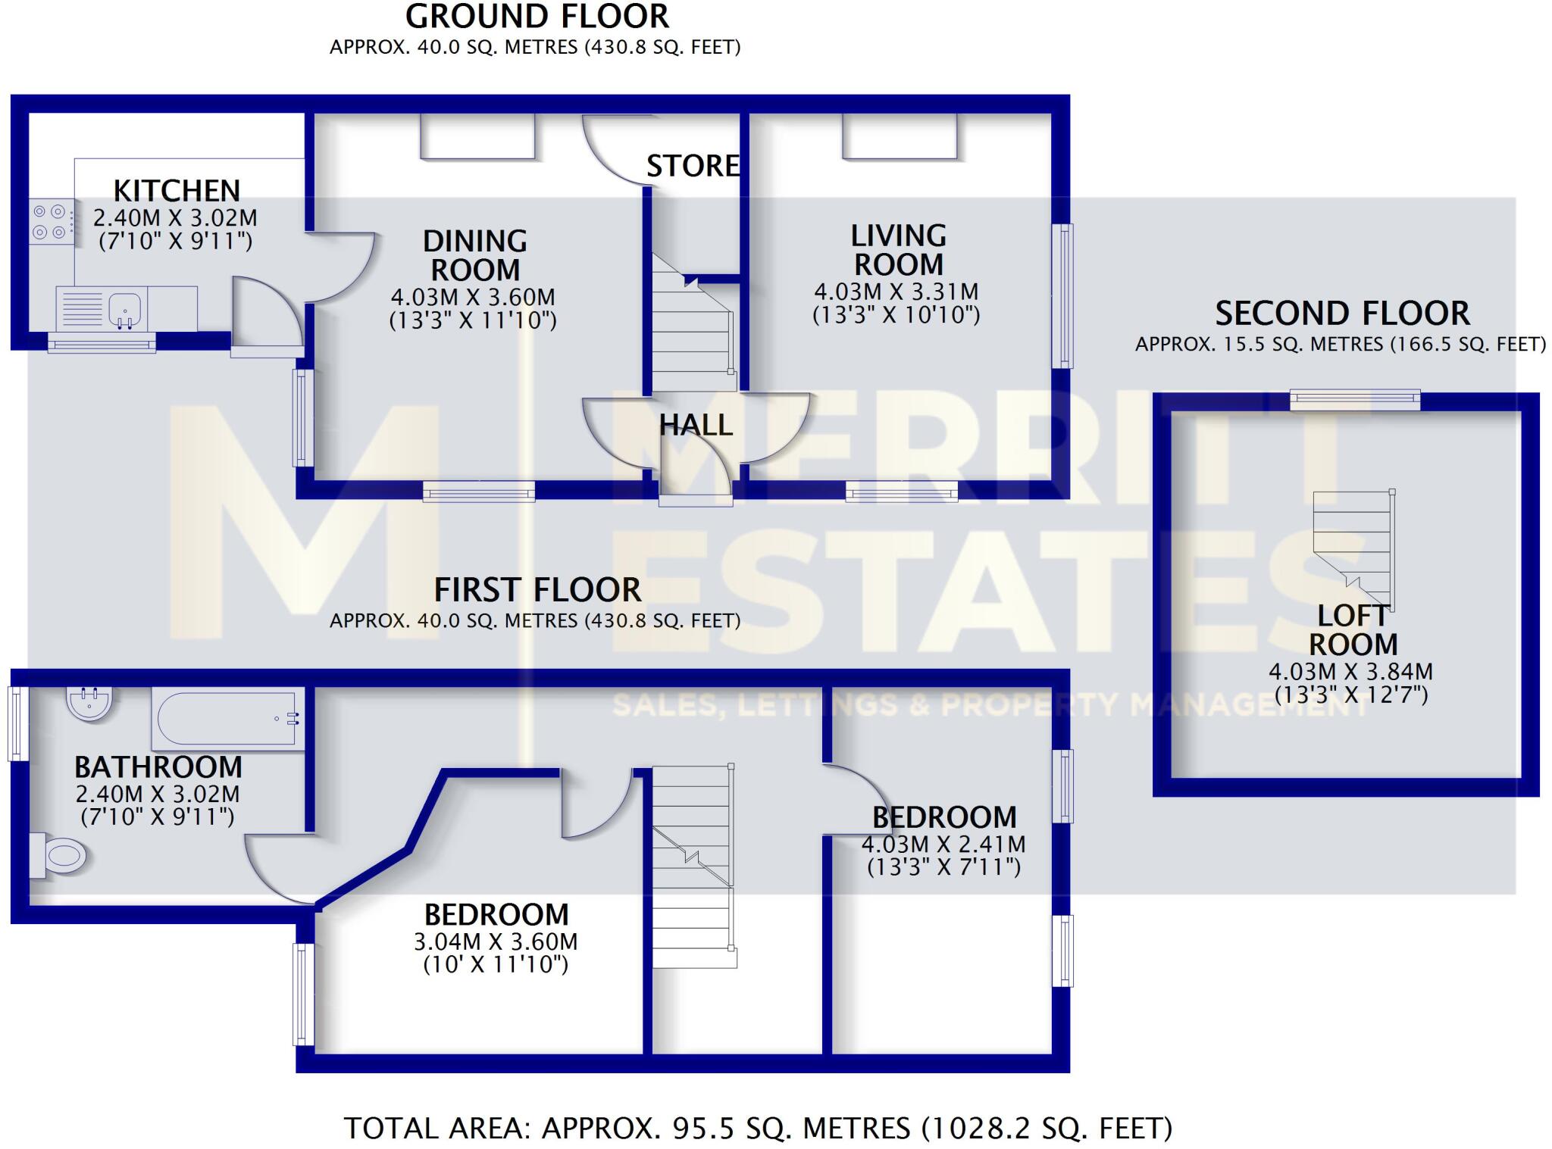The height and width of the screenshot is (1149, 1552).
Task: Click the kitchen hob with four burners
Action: [x=52, y=221]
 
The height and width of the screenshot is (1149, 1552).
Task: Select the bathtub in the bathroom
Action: [x=227, y=718]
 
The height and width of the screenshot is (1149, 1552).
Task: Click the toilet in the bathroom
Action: [x=59, y=856]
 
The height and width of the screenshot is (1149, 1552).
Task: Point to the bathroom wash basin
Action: [x=90, y=702]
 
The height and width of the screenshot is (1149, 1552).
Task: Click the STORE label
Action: [x=693, y=166]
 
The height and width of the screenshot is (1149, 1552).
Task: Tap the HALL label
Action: [x=696, y=426]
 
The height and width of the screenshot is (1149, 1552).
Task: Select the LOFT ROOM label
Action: [x=1353, y=630]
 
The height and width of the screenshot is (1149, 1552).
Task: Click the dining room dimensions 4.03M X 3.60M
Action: [x=473, y=297]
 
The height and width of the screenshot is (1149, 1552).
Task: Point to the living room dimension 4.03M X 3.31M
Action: [x=896, y=292]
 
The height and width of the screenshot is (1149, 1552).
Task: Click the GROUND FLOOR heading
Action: [x=537, y=17]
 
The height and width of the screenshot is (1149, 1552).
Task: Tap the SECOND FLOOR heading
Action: [x=1342, y=313]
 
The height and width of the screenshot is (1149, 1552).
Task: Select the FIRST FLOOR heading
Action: [x=537, y=589]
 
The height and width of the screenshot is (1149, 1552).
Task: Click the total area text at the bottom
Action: [x=758, y=1128]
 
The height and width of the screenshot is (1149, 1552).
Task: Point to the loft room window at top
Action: [x=1355, y=398]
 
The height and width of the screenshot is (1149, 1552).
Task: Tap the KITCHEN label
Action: [x=177, y=190]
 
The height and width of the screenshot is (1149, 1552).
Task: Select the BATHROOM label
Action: [x=158, y=767]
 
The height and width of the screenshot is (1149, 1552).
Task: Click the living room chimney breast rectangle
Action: [x=899, y=136]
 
